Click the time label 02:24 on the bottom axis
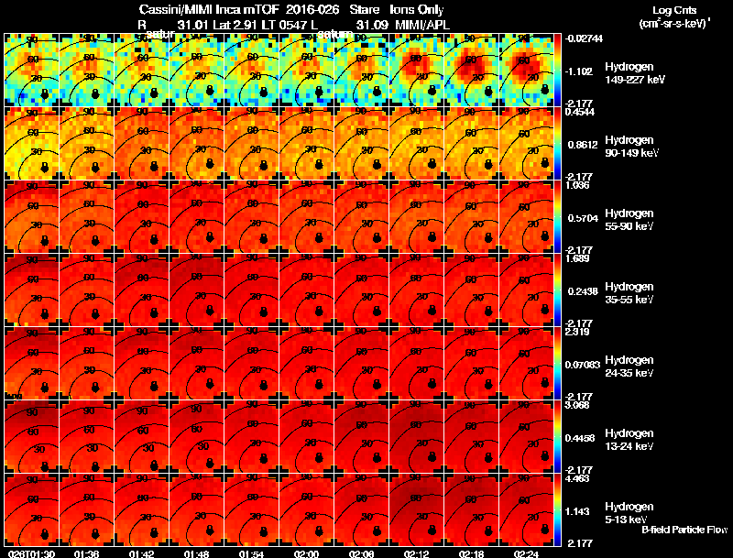(x=527, y=553)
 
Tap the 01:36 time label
(x=86, y=553)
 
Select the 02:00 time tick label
(x=306, y=553)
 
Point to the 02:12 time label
(x=417, y=553)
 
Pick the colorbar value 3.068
(x=577, y=404)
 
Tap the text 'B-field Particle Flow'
(x=684, y=531)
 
